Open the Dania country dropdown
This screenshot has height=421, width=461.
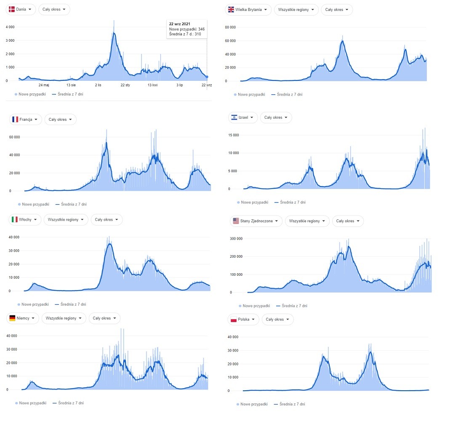(20, 9)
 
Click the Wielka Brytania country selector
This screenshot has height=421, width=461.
(248, 10)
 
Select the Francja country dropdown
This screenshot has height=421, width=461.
(26, 120)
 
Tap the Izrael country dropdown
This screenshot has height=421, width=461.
(242, 117)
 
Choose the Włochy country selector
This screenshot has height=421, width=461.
(25, 219)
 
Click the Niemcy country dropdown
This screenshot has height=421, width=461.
(23, 318)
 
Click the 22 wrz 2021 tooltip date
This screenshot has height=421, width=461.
(179, 24)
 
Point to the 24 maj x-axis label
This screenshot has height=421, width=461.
(44, 85)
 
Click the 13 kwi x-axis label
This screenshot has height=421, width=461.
(152, 85)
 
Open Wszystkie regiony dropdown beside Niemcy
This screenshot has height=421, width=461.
(64, 318)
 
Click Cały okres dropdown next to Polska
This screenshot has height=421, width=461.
(277, 320)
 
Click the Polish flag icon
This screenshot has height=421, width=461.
(233, 320)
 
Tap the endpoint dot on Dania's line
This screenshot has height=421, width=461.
(207, 77)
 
